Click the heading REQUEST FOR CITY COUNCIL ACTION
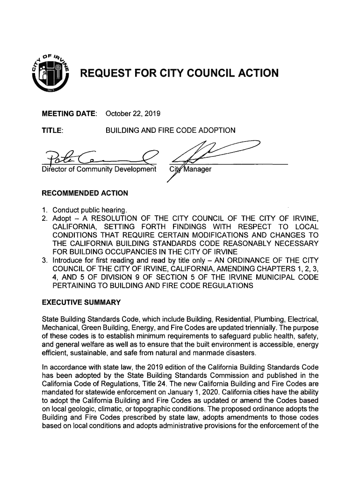(x=180, y=73)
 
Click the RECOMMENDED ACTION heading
(x=85, y=193)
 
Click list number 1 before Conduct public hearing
(x=44, y=209)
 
